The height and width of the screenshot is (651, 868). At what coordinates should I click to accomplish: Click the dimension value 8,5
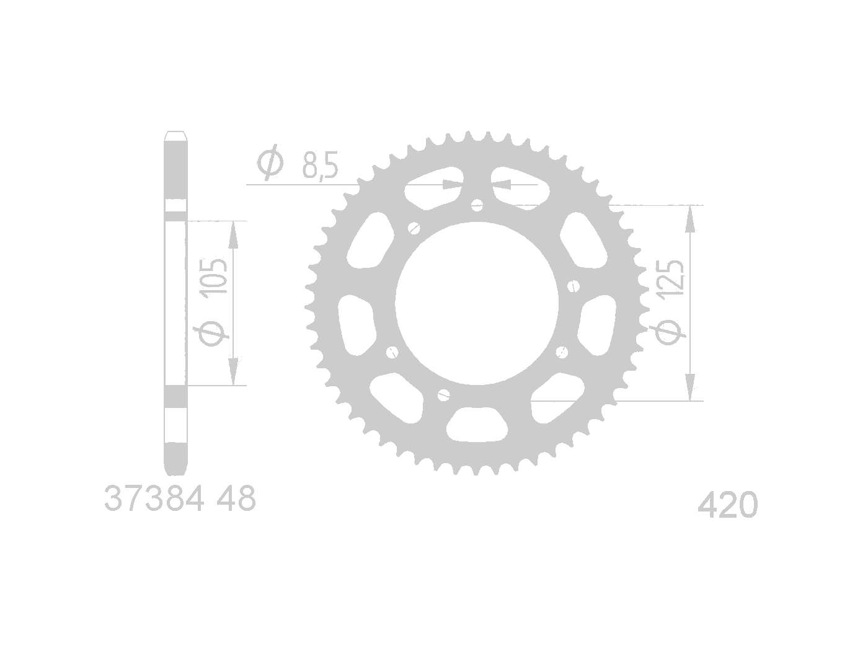321,164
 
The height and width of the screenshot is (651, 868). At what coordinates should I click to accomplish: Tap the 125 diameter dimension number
670,278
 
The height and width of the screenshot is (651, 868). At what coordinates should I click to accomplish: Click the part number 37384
154,498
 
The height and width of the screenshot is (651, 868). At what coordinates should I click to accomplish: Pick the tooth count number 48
236,498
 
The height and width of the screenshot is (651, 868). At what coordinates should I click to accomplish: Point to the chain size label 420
728,505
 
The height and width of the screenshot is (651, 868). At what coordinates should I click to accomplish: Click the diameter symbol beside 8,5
270,162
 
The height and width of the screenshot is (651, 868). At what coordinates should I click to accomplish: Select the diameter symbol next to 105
213,333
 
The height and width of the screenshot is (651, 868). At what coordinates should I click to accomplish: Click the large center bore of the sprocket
477,303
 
